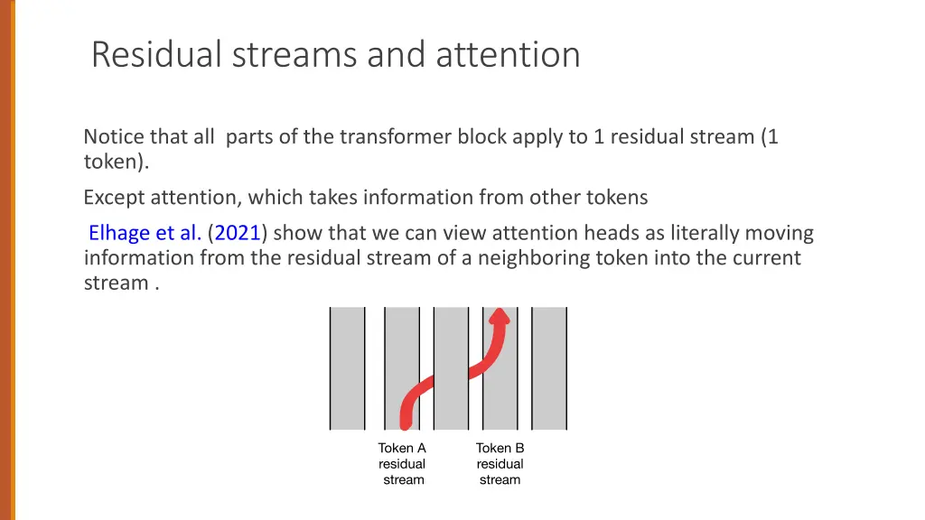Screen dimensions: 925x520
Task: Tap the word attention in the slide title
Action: pyautogui.click(x=508, y=55)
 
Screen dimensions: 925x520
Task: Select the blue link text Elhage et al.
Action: pyautogui.click(x=145, y=233)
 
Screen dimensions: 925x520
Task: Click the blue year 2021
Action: pyautogui.click(x=238, y=233)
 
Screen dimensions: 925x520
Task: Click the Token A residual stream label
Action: pyautogui.click(x=402, y=464)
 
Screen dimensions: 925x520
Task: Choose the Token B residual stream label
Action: pyautogui.click(x=500, y=464)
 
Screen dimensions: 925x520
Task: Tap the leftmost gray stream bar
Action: pyautogui.click(x=348, y=368)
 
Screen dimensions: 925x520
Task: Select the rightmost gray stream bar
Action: pyautogui.click(x=549, y=368)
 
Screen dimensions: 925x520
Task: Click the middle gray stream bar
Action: pyautogui.click(x=451, y=368)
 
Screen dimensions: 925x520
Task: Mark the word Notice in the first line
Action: pyautogui.click(x=114, y=137)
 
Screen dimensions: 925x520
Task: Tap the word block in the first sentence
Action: pyautogui.click(x=482, y=137)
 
